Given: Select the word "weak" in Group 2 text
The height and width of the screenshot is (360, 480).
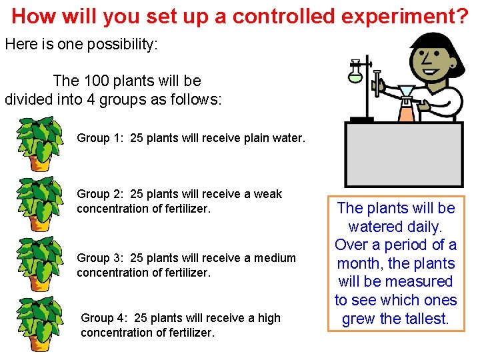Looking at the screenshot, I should tap(268, 194).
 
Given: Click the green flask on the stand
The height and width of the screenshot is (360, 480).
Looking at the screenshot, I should tap(355, 72).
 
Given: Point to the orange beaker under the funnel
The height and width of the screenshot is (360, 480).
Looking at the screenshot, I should tap(405, 110).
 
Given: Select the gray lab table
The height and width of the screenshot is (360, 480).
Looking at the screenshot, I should tap(403, 153).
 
